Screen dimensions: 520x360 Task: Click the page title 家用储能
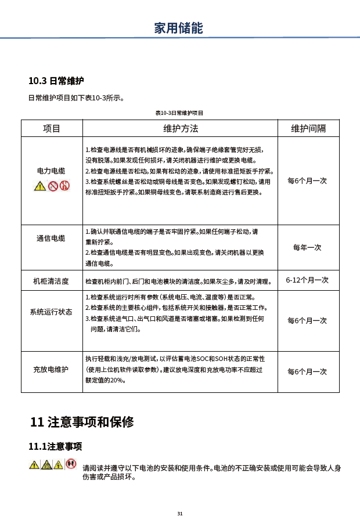179,27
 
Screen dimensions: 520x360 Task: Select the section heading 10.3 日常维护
56,81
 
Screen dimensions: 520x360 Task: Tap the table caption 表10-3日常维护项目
179,113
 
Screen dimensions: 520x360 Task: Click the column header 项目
52,128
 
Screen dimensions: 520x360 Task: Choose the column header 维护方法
180,128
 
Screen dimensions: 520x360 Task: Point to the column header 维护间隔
308,128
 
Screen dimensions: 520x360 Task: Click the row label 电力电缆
51,171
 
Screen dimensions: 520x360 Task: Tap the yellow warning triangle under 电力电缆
39,186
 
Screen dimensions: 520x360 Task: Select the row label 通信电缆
51,238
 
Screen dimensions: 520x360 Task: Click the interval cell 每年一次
307,247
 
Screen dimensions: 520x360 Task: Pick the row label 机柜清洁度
51,281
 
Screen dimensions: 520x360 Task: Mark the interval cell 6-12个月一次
307,280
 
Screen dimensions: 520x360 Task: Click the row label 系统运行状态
51,312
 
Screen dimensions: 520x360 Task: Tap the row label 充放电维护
51,370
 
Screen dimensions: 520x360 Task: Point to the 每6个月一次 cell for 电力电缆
307,180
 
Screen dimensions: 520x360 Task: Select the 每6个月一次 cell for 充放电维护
307,371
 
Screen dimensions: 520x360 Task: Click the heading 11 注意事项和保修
82,422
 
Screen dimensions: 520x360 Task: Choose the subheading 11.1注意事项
55,446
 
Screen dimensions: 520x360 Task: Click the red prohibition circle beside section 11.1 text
71,464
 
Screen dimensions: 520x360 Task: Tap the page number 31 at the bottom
180,514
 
